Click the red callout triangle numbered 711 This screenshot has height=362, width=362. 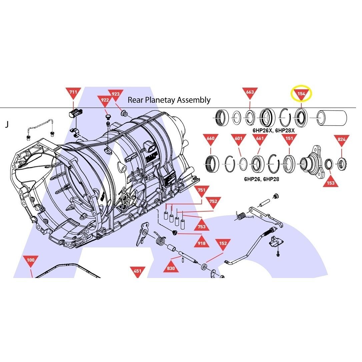pos(73,93)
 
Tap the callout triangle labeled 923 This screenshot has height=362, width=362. pos(116,95)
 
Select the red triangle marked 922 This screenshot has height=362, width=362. pos(105,101)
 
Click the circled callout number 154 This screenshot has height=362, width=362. pos(301,94)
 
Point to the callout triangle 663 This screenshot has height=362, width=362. pos(250,93)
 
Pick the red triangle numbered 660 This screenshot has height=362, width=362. pos(211,139)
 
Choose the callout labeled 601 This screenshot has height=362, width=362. pos(238,139)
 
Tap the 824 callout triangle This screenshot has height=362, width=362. pos(342,140)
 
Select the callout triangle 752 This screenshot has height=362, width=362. pos(213,202)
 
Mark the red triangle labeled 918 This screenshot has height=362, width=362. pos(202,242)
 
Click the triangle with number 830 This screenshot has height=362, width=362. pos(171,267)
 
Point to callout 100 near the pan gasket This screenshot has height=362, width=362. pos(30,261)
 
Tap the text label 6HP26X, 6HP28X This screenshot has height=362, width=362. pos(274,131)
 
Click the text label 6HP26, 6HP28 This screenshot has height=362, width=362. pos(262,179)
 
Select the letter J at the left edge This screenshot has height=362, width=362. pos(7,124)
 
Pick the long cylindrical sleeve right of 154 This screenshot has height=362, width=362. pos(332,118)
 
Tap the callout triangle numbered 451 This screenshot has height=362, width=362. pos(137,271)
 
